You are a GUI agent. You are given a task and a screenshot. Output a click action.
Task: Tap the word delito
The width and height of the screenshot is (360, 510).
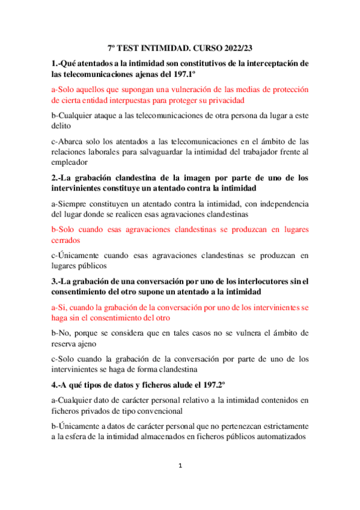pyautogui.click(x=61, y=126)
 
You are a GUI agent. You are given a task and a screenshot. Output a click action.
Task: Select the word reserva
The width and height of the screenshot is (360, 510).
pyautogui.click(x=66, y=344)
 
